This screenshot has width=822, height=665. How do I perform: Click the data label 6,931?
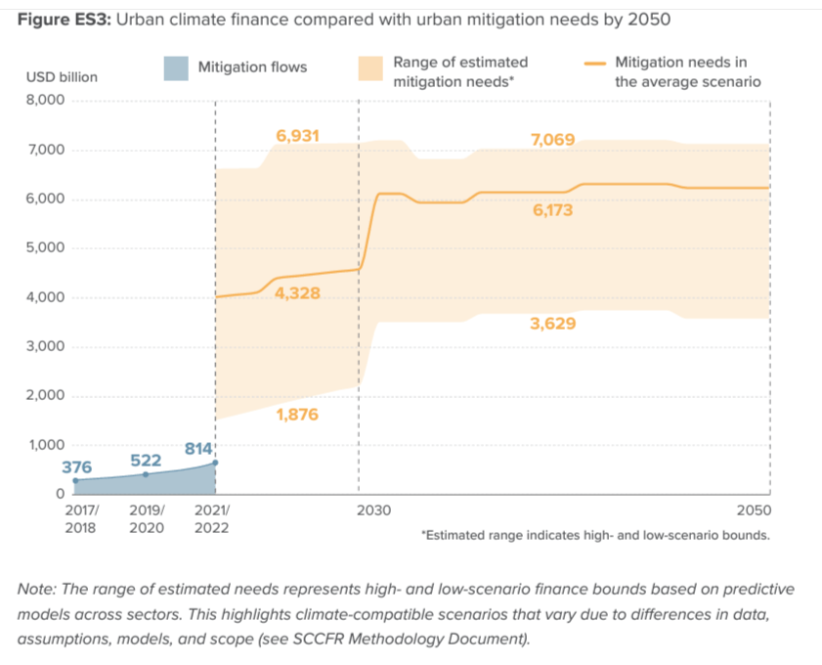click(x=297, y=136)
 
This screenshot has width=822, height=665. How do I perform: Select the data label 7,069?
click(x=552, y=141)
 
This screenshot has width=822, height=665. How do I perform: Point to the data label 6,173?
click(x=552, y=209)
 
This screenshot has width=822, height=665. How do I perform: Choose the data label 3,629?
click(x=552, y=324)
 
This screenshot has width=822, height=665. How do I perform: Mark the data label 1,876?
click(x=297, y=415)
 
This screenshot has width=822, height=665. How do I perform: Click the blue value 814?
click(x=198, y=449)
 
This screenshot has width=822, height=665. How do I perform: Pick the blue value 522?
click(x=145, y=460)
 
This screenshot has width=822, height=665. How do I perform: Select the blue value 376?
click(x=76, y=467)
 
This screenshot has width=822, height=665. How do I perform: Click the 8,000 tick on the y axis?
click(x=44, y=101)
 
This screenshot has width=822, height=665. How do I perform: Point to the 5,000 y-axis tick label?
click(x=44, y=248)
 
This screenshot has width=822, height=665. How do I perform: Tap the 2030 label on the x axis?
click(x=373, y=510)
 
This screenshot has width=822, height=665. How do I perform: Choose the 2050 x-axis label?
click(x=755, y=510)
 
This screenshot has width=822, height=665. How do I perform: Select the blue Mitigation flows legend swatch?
click(x=175, y=67)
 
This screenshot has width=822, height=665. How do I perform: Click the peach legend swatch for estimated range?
click(x=369, y=67)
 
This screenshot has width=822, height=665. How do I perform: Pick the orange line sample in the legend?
click(x=592, y=62)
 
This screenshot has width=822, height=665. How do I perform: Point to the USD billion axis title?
click(x=61, y=76)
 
